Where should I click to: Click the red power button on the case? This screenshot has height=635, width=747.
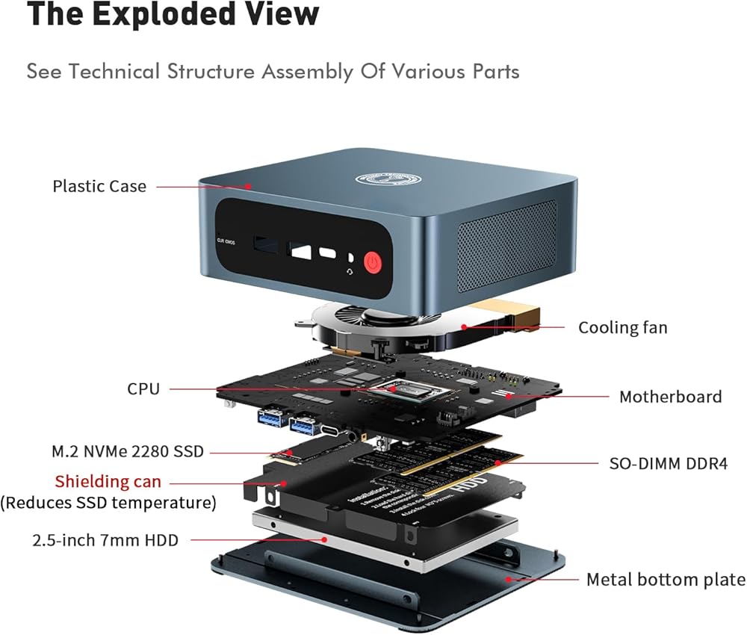(373, 264)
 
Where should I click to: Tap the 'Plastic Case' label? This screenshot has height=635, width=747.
(99, 186)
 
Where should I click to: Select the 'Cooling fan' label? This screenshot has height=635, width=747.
(623, 327)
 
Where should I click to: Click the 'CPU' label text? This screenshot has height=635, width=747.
(143, 388)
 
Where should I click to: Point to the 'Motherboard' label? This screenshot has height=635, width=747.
(670, 397)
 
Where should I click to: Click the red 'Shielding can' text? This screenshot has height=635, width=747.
(108, 482)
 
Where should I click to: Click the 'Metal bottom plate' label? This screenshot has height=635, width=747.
(666, 579)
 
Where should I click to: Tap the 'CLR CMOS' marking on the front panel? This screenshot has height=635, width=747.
(226, 242)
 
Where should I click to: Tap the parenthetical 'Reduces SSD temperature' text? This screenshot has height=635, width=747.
(109, 503)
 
